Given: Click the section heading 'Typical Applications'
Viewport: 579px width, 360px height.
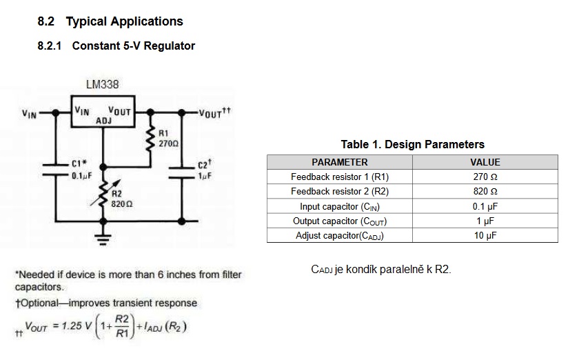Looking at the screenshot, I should (124, 21).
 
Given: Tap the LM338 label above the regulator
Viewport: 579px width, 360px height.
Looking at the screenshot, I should (102, 85).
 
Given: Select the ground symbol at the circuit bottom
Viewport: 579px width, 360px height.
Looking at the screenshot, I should (104, 239).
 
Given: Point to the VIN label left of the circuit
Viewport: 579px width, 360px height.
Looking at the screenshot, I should (29, 114).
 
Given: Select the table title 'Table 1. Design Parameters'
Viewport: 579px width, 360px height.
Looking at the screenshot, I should (412, 145).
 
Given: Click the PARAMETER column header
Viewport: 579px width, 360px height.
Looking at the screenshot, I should (339, 162).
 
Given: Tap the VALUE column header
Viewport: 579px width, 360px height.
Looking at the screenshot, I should (485, 162).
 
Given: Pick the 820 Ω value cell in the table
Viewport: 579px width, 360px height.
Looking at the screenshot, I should (485, 192).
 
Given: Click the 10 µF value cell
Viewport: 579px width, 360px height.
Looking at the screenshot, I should (485, 236).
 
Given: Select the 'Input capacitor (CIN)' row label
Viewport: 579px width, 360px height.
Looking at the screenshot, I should (339, 207).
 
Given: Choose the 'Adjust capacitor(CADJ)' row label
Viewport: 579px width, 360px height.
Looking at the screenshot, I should (339, 236).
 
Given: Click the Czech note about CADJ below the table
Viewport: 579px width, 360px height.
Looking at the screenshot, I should (381, 269).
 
